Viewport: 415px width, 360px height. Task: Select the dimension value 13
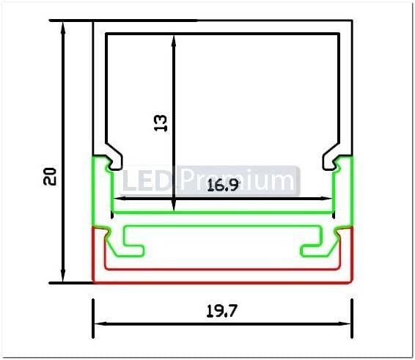[x=161, y=122]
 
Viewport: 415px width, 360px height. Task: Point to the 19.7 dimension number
[x=221, y=311]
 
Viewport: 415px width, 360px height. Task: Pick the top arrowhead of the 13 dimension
[x=174, y=40]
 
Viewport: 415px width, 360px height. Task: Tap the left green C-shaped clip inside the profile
[x=133, y=242]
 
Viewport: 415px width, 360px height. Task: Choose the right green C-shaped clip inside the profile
[x=313, y=242]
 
